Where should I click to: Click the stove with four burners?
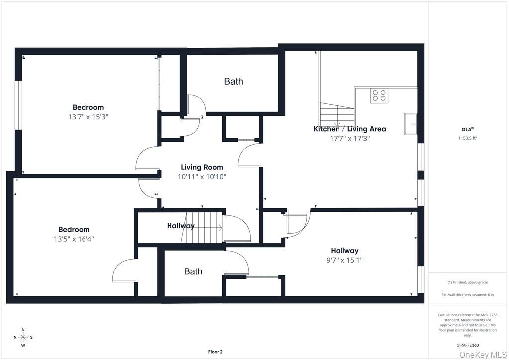point(379,95)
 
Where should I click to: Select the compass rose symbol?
point(23,337)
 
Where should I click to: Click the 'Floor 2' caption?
point(215,352)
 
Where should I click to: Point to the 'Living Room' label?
point(202,167)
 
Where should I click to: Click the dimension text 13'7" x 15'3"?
point(88,117)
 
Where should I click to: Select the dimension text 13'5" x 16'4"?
point(74,239)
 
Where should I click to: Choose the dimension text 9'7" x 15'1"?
point(344,260)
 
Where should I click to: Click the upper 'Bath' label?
point(233,81)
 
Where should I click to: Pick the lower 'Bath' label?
point(193,271)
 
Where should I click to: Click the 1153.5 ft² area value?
point(467,139)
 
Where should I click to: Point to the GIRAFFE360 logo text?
point(468,345)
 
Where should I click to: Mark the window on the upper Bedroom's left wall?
point(18,105)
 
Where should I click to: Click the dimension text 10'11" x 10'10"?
point(202,177)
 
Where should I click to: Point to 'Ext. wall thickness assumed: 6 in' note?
point(467,295)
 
